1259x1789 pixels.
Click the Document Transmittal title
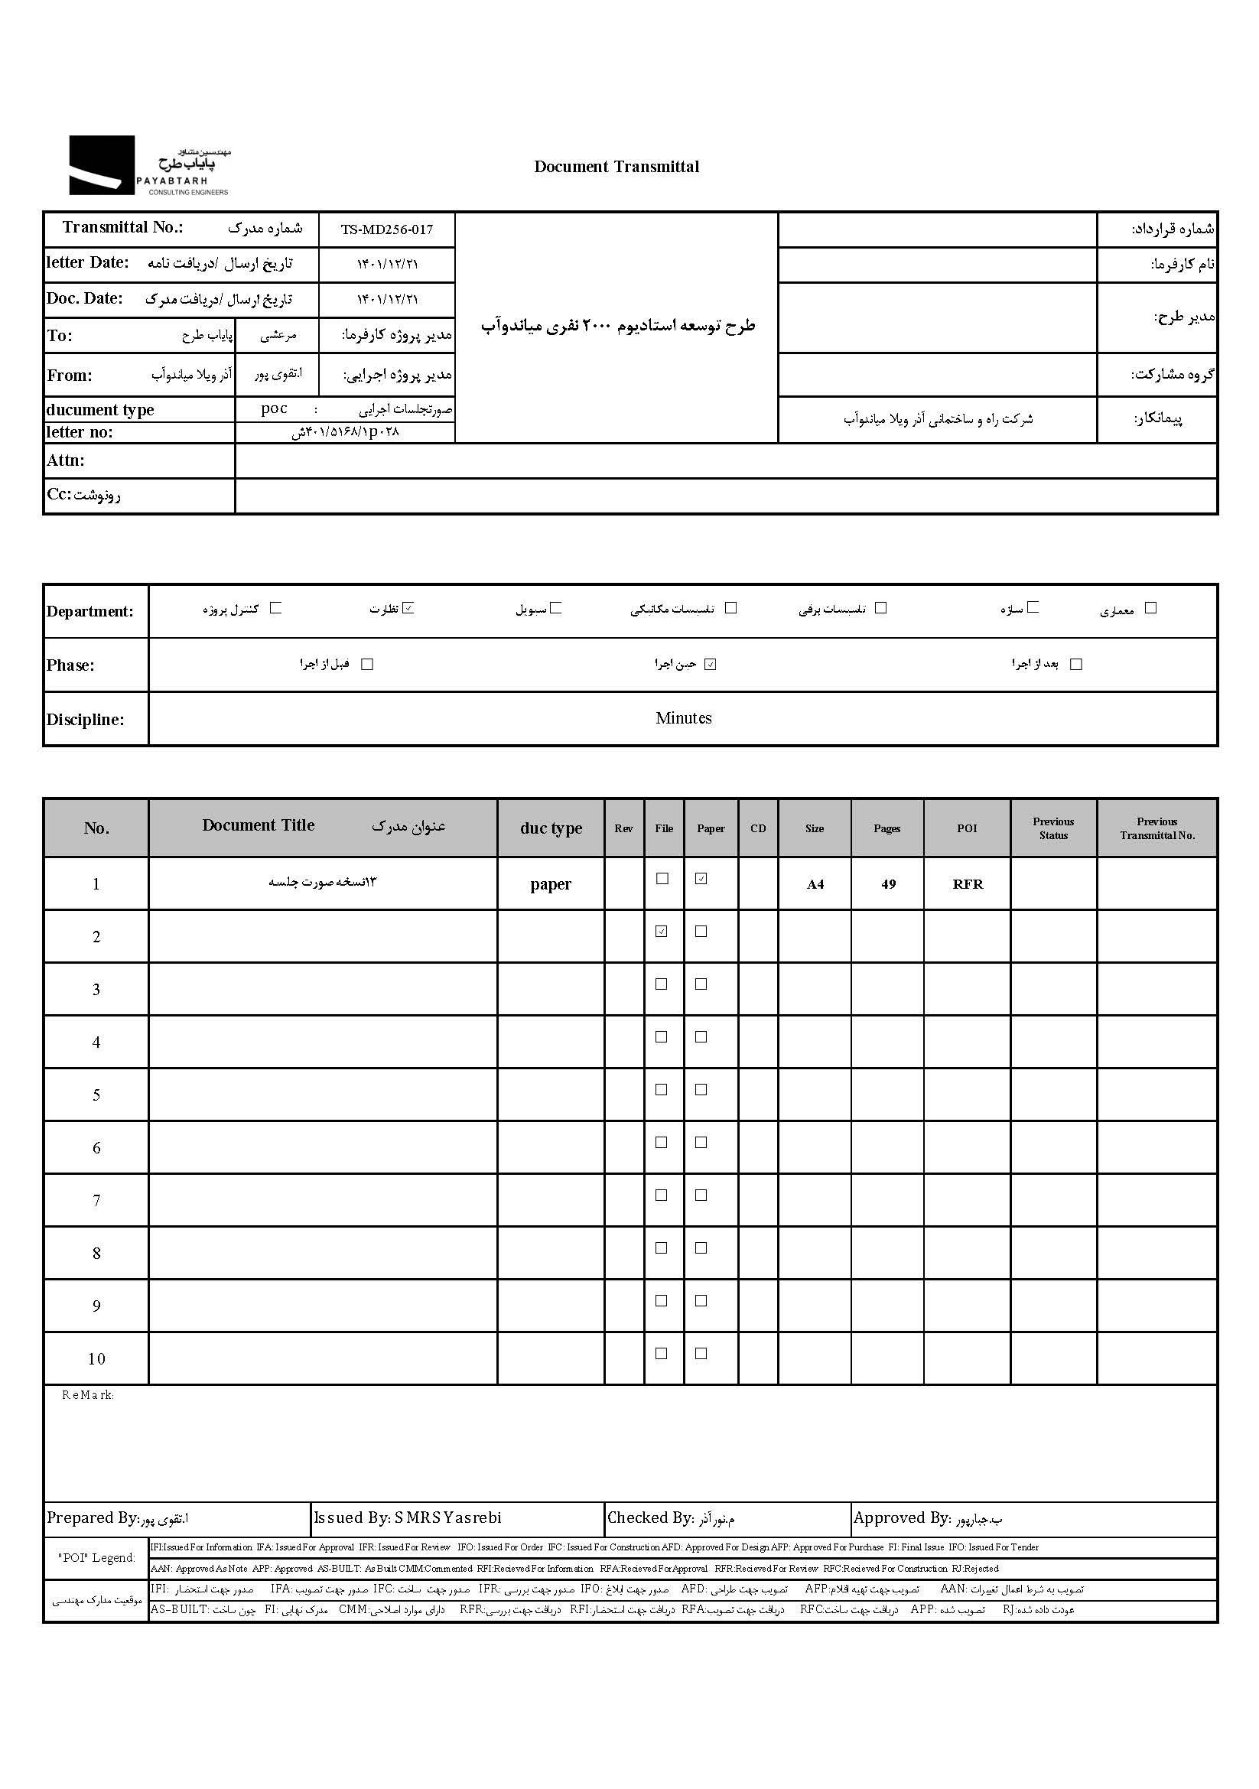[616, 167]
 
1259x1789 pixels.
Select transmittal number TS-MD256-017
[386, 230]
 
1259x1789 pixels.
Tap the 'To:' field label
[60, 336]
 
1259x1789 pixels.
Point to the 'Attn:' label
[66, 460]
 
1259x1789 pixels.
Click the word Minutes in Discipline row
[683, 718]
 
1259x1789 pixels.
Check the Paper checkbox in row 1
[701, 879]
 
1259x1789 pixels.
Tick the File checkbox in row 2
[662, 931]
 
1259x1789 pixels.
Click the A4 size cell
[815, 884]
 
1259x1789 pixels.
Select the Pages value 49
[888, 884]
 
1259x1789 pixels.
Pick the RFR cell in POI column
[968, 884]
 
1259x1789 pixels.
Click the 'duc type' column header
[551, 828]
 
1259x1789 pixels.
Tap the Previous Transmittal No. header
[1157, 828]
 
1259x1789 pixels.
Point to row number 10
[96, 1360]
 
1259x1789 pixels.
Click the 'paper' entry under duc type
[551, 884]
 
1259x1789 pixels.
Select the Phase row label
[70, 665]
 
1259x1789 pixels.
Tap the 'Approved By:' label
[902, 1517]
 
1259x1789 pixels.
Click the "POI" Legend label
[96, 1557]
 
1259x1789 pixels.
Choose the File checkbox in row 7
[662, 1195]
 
